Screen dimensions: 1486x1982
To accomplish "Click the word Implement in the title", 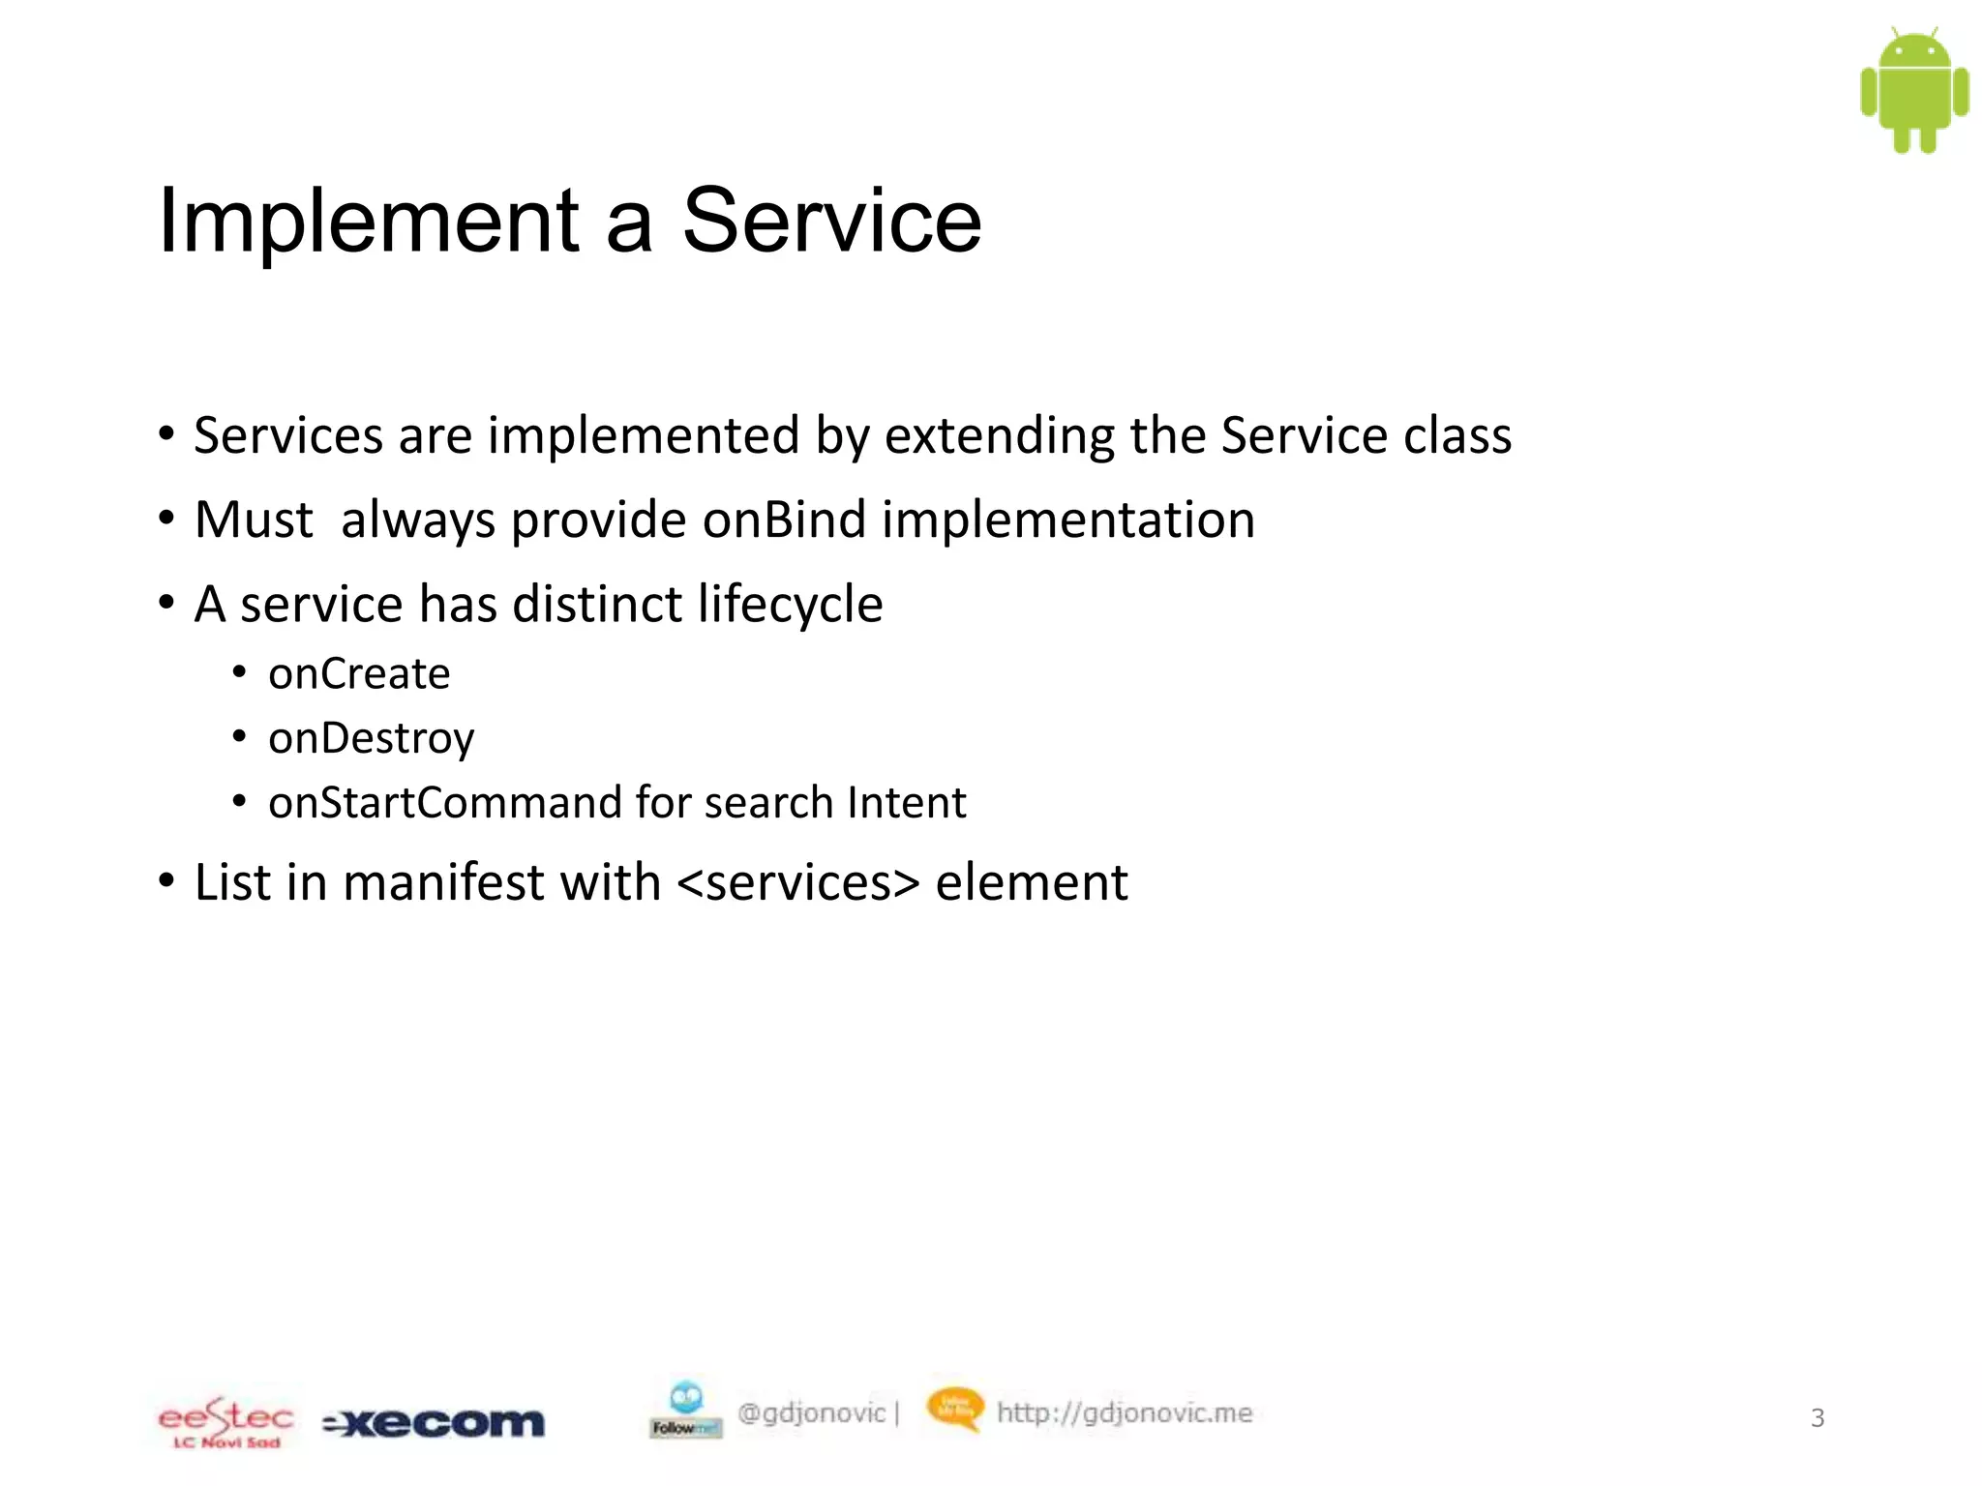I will point(369,222).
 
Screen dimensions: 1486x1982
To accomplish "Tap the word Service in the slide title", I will point(832,222).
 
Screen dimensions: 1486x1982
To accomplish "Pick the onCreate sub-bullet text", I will point(359,674).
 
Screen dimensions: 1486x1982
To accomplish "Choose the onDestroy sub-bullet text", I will point(372,739).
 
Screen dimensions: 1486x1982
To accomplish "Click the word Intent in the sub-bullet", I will point(906,803).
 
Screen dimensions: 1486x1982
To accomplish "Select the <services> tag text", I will point(798,883).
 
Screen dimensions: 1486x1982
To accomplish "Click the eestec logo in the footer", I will point(225,1421).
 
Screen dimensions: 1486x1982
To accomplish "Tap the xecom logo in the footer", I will point(434,1423).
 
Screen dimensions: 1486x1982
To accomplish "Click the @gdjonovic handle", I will point(811,1413).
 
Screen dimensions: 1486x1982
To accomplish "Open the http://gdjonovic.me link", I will point(1125,1413).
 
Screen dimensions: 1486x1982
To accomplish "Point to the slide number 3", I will point(1817,1418).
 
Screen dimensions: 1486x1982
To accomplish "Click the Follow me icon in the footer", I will point(685,1410).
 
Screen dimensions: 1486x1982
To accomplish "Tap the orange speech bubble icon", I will point(954,1408).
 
